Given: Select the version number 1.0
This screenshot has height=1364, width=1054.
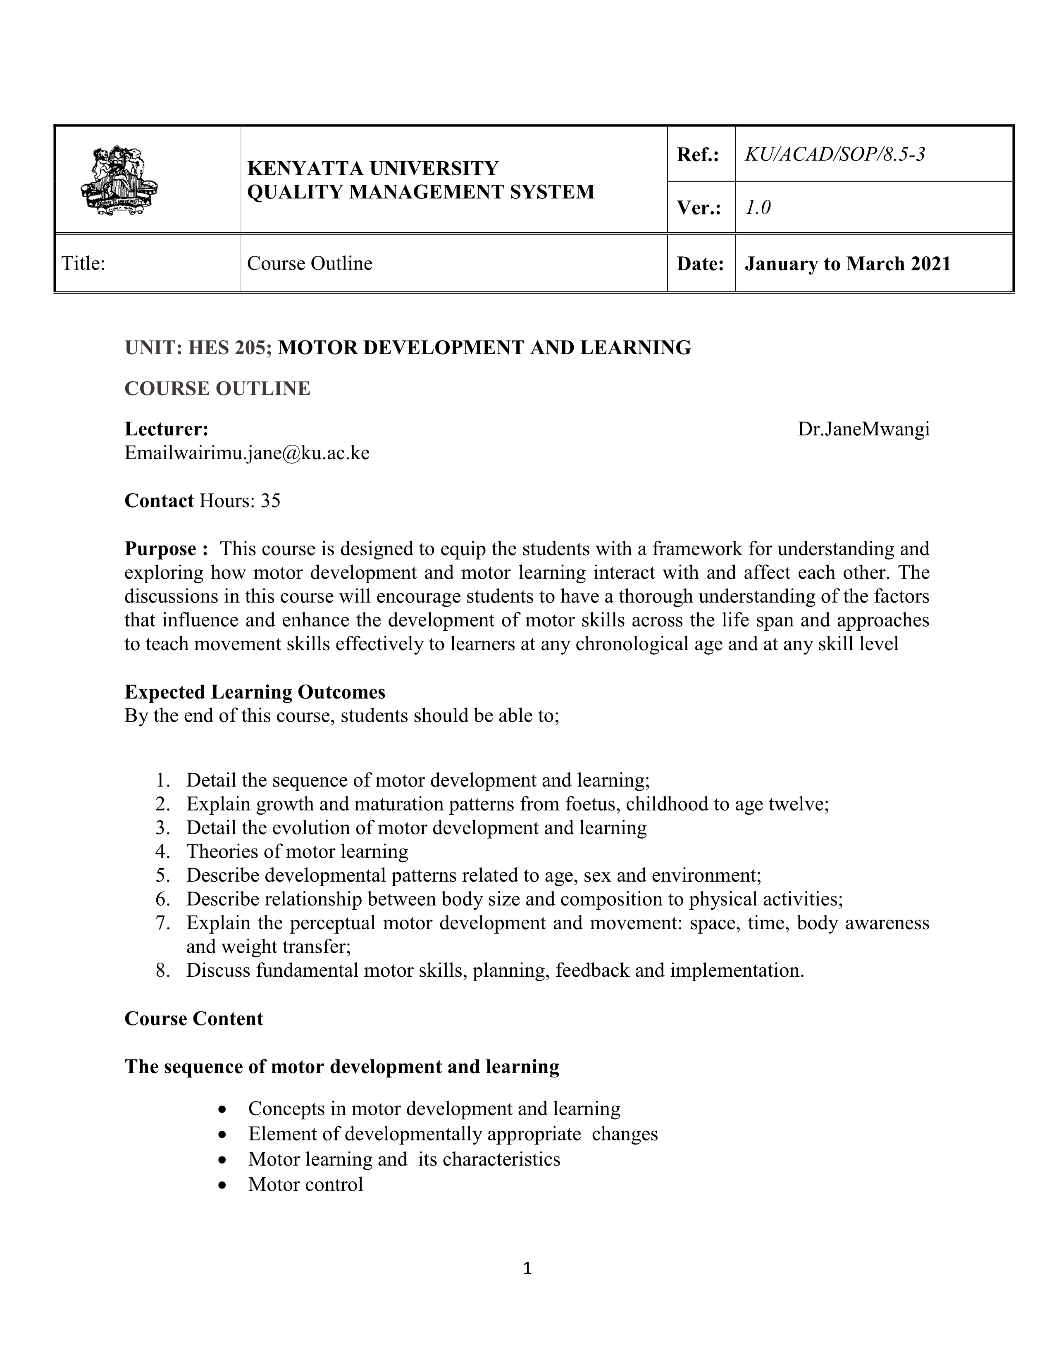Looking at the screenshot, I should [758, 207].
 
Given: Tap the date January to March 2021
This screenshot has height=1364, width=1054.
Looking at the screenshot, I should [847, 264].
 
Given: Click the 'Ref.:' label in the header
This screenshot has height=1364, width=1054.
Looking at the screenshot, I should [698, 154].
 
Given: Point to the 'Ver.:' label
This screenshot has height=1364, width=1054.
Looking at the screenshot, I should [699, 207].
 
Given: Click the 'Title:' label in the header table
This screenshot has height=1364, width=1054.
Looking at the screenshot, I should [83, 264].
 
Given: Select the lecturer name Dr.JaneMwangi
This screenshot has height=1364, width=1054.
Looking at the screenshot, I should [863, 429].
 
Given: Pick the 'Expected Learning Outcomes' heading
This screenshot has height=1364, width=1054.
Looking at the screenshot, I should [255, 692].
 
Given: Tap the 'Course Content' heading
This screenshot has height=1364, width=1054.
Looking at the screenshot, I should [193, 1018].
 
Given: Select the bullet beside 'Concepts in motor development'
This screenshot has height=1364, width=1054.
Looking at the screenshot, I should [223, 1109].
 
